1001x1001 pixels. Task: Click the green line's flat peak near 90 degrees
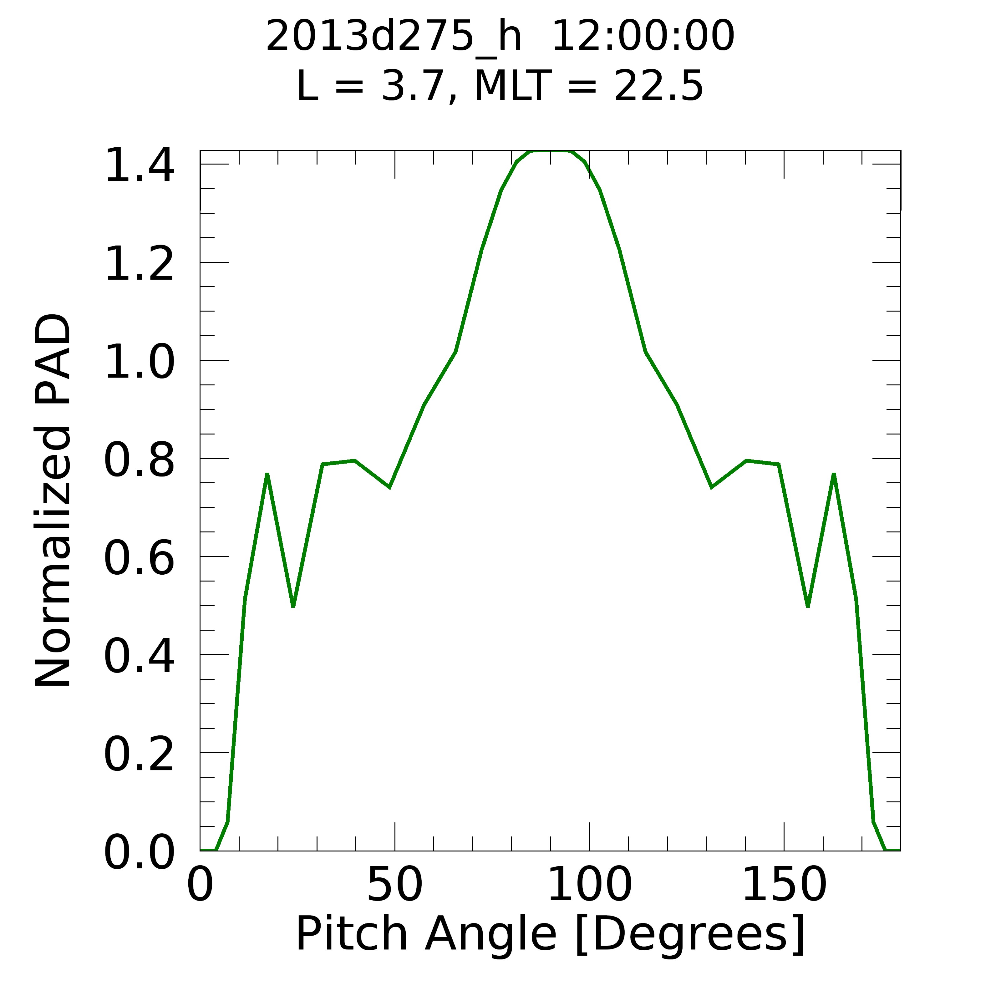tap(550, 151)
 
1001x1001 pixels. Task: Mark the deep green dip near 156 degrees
tap(808, 605)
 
